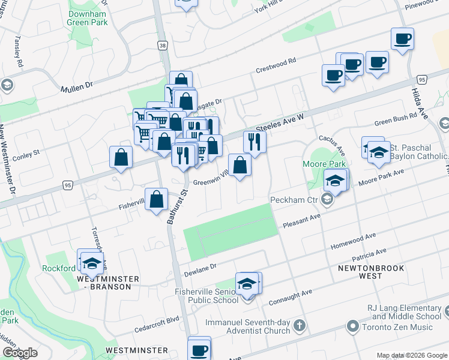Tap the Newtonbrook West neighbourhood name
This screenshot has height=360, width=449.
pos(360,271)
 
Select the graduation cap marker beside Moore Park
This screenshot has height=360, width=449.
pos(336,180)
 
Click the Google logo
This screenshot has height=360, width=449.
pos(20,352)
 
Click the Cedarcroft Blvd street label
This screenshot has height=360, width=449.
pos(158,320)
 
